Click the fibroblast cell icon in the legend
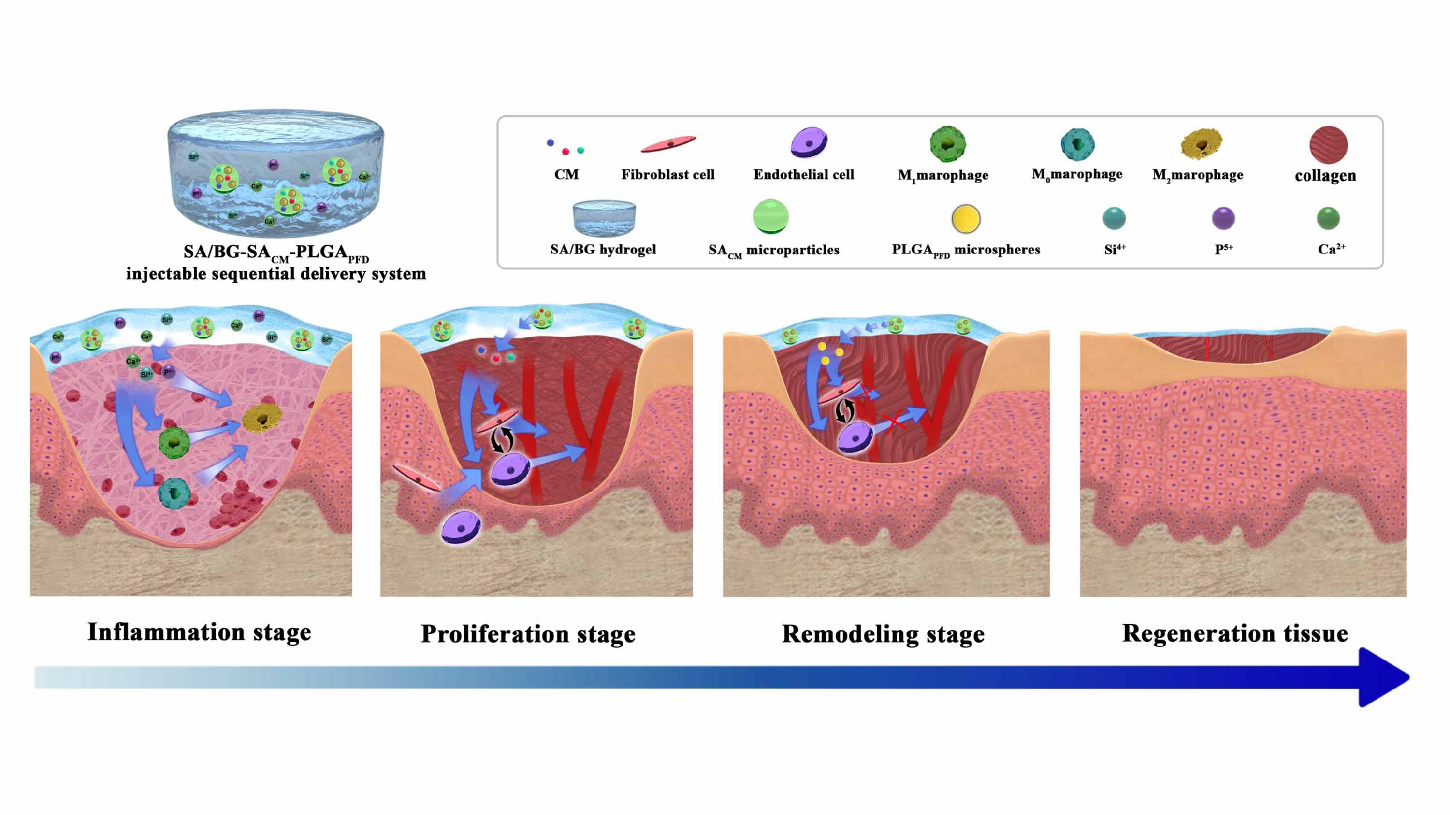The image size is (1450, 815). point(668,144)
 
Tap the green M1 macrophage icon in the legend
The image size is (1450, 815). point(947,144)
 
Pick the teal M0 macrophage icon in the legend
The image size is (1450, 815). point(1077,144)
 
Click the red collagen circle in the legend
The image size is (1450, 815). point(1328,144)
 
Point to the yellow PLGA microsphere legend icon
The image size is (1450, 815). point(966,219)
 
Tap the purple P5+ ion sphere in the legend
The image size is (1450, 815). point(1223,218)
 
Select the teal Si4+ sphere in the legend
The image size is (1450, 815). point(1114,218)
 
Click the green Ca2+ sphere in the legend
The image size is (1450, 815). point(1328,218)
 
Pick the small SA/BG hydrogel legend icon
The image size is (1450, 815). point(604,218)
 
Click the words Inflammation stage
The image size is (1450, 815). point(199,632)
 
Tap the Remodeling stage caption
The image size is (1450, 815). point(883,634)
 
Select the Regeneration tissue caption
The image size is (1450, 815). point(1235,633)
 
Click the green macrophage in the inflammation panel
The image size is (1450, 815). point(174,442)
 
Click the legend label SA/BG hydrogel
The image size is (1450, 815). point(603,249)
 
